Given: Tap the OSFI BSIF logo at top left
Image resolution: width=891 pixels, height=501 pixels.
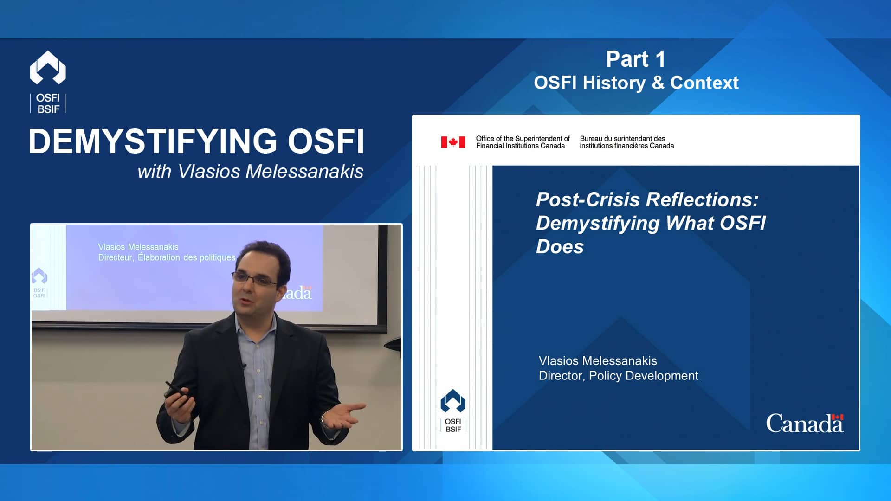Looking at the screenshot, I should pyautogui.click(x=48, y=81).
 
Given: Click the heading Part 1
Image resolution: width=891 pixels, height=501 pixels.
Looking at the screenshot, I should pyautogui.click(x=635, y=59).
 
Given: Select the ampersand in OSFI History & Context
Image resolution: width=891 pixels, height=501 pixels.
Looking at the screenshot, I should pyautogui.click(x=658, y=83).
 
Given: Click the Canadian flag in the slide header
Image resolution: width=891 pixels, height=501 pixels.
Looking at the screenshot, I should pyautogui.click(x=453, y=142).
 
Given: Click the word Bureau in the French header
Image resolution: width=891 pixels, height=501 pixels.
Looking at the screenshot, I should pyautogui.click(x=590, y=139).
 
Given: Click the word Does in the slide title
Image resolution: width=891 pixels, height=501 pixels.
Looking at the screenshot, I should pyautogui.click(x=560, y=247).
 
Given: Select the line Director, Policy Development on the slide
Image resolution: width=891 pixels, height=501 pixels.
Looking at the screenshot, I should pyautogui.click(x=618, y=376).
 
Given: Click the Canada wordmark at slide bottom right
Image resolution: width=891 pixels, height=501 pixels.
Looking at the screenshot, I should pyautogui.click(x=804, y=424).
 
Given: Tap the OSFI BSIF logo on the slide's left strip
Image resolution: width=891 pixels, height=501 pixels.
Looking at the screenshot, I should pyautogui.click(x=453, y=411).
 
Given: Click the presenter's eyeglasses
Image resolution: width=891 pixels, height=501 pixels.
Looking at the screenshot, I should pyautogui.click(x=255, y=280).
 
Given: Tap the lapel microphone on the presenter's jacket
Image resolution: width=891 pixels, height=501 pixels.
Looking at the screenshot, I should pyautogui.click(x=243, y=366).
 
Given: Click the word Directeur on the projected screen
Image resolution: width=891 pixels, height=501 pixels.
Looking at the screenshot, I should pyautogui.click(x=116, y=257).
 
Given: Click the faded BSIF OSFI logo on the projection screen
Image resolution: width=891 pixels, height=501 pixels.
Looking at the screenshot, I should pyautogui.click(x=39, y=283).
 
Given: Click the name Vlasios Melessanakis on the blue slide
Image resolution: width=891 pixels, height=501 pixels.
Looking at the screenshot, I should pyautogui.click(x=598, y=361).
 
